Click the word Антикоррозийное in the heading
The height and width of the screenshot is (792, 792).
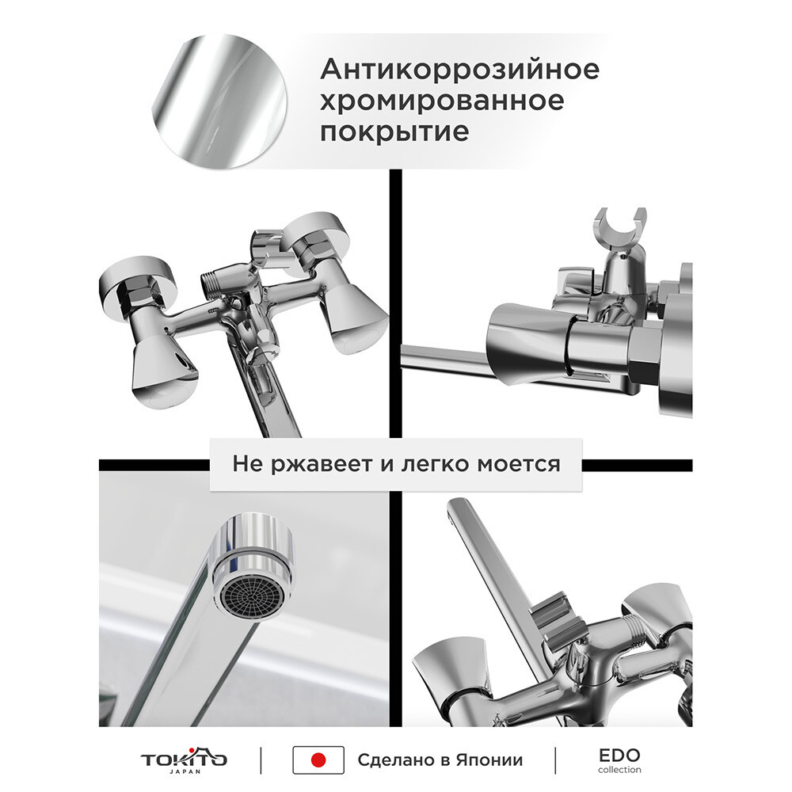(459, 69)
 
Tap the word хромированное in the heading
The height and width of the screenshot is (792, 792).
(442, 101)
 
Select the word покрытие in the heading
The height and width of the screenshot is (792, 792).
(394, 131)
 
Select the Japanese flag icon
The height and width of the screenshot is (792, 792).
(318, 760)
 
